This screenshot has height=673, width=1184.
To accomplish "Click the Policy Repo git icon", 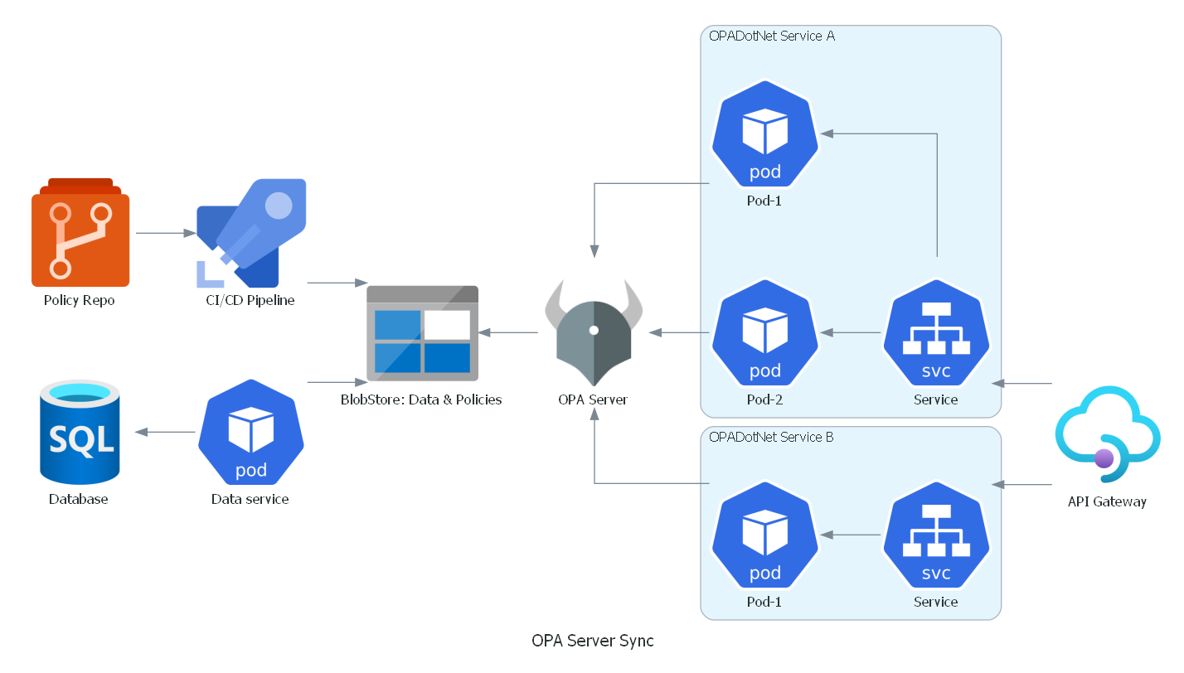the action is (x=80, y=232).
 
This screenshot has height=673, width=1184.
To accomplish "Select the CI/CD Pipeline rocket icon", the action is (x=251, y=233).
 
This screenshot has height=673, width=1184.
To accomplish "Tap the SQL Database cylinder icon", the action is (x=80, y=432).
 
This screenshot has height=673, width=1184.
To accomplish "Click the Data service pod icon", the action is (x=251, y=432).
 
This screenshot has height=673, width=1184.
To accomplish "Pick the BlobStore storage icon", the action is (x=422, y=333).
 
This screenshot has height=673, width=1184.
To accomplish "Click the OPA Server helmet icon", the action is (x=594, y=333).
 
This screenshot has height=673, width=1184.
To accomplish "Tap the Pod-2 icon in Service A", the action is (x=764, y=333).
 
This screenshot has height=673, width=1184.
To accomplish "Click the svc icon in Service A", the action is (x=936, y=333).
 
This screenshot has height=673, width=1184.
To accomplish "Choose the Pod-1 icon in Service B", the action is (x=764, y=535).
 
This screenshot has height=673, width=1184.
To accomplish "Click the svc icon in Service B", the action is (x=936, y=535).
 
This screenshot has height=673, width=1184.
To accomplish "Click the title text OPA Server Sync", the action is (x=593, y=641).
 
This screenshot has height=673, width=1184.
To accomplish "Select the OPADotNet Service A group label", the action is (x=772, y=36).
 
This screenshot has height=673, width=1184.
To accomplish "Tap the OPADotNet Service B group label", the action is (x=771, y=438).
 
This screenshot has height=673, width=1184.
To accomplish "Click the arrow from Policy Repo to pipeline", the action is (x=166, y=233).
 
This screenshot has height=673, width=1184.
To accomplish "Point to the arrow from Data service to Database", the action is (x=165, y=432).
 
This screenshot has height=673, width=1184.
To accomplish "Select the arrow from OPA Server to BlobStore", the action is (x=508, y=333).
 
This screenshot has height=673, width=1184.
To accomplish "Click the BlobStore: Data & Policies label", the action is (x=421, y=399).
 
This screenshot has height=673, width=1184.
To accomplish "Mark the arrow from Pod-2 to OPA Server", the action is (x=679, y=333).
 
